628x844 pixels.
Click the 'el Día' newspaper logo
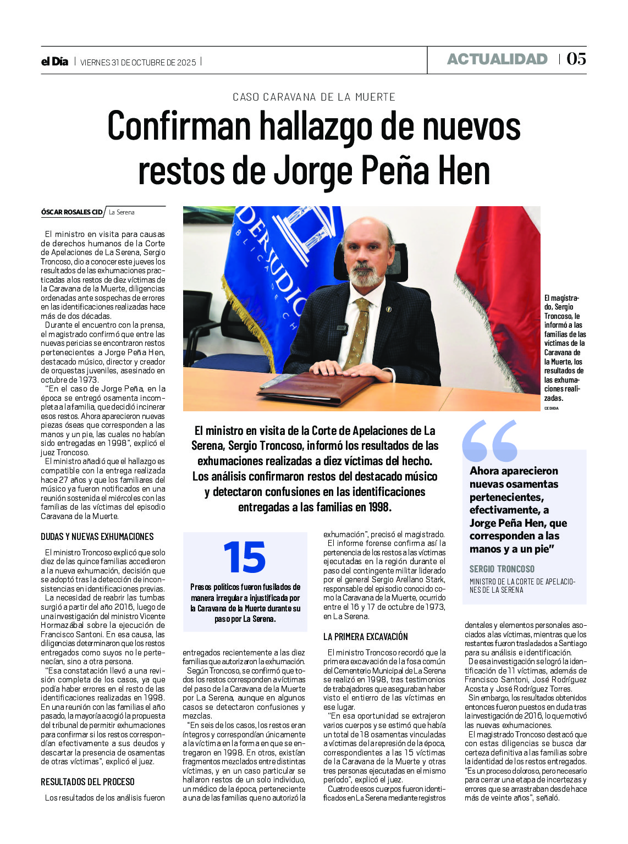pos(54,62)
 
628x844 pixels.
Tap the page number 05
pos(576,59)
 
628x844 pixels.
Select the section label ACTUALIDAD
pos(497,59)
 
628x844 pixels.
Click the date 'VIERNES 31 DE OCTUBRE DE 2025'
pos(138,62)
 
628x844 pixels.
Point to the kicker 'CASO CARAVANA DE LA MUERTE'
pos(314,97)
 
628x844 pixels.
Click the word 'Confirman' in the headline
pos(179,126)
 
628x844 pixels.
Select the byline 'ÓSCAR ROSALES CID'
pos(71,212)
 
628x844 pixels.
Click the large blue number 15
pos(245,558)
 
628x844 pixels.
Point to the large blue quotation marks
pos(489,440)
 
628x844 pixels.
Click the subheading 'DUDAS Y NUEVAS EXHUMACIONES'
pos(97,537)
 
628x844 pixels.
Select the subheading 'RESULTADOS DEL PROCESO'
pos(87,781)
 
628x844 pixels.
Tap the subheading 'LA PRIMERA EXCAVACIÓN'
pos(365,637)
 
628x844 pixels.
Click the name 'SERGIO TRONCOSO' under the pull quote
pos(502,569)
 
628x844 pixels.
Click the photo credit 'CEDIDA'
pos(551,409)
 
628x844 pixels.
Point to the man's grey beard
pos(365,275)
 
